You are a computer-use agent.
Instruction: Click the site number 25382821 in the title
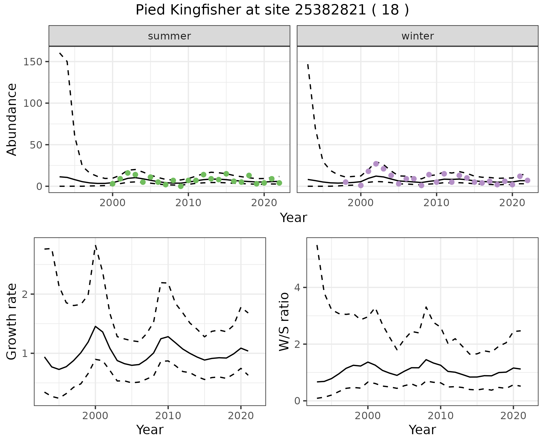(330, 10)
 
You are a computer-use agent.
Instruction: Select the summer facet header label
(169, 36)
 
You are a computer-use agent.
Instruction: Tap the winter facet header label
(418, 36)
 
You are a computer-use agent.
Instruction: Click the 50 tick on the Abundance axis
(36, 145)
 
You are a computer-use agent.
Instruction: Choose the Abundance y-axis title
(12, 119)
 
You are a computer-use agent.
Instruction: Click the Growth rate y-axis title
(12, 321)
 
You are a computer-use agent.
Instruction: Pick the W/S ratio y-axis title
(284, 321)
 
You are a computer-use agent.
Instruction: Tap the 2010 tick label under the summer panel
(188, 203)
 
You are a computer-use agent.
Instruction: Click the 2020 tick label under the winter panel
(512, 203)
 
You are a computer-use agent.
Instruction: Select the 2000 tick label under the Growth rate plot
(95, 416)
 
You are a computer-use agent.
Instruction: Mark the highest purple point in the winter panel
(376, 164)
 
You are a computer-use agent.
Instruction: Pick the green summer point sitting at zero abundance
(181, 186)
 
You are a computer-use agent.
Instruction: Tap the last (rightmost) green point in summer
(279, 183)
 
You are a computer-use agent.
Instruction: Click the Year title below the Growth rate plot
(150, 430)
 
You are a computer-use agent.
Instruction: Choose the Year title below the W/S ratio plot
(422, 430)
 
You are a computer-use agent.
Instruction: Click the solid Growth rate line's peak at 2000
(95, 326)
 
